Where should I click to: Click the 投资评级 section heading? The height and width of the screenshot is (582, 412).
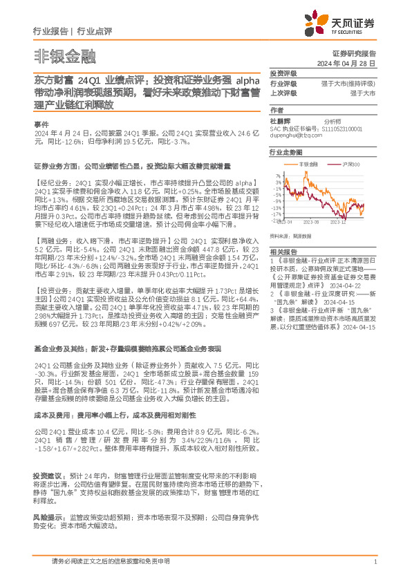(283, 73)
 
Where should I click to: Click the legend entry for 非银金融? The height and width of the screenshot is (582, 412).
(309, 164)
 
